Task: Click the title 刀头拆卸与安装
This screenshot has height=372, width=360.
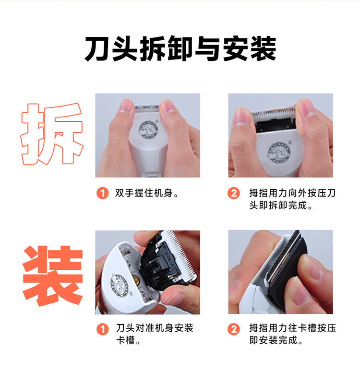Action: (180, 48)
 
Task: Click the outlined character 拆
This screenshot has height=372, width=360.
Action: (52, 134)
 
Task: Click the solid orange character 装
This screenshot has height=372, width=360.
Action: (52, 276)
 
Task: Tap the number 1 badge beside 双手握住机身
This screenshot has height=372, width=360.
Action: (102, 193)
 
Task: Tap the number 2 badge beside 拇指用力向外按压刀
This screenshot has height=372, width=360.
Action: (234, 193)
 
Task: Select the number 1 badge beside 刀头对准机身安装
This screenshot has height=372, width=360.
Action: (102, 329)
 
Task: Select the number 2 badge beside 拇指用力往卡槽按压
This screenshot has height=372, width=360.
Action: (234, 329)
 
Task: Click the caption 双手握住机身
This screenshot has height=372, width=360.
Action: (144, 193)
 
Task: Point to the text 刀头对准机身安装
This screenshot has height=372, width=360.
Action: (155, 328)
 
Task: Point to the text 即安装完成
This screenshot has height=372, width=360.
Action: (273, 340)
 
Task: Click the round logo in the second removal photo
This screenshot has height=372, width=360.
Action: (279, 152)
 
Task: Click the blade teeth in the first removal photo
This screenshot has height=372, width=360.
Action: (147, 108)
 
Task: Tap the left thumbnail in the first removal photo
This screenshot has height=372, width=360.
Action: (126, 105)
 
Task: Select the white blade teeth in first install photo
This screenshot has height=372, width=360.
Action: (180, 253)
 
